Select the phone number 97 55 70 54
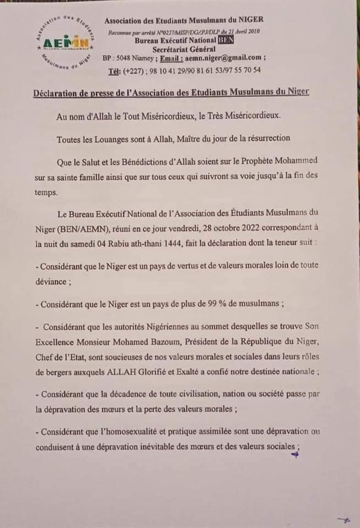242,70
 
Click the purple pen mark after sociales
296,454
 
